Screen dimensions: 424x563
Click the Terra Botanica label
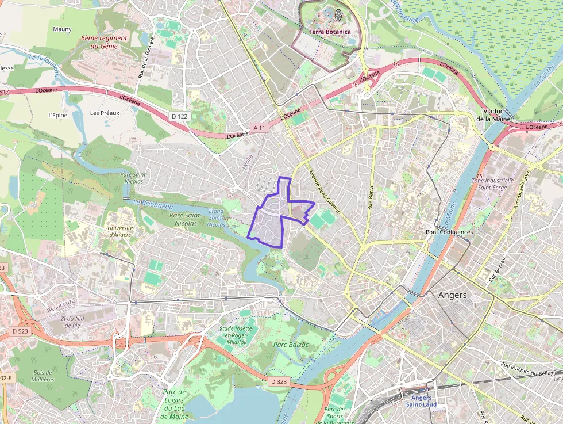coord(329,32)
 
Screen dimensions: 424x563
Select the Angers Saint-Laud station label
coord(421,401)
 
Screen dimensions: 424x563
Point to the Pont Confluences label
coord(449,232)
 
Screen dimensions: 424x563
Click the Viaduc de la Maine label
coord(495,114)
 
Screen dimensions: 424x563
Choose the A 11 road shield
coord(260,128)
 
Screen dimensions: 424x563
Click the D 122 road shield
coord(179,116)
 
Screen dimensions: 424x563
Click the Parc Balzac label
coord(291,345)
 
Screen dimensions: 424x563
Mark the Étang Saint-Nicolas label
coord(217,217)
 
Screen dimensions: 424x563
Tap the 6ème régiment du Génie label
coord(104,41)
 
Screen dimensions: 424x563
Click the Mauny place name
coord(62,29)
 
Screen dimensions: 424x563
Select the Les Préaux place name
coord(105,113)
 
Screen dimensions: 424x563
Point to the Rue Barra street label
coord(371,197)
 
